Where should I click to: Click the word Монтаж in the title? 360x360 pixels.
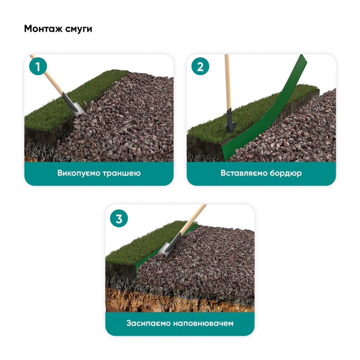(43, 29)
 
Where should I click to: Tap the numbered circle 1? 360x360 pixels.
(38, 66)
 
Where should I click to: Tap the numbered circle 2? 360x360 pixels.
(200, 66)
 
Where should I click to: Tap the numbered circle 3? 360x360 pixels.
(119, 219)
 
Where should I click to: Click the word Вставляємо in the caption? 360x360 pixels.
(244, 173)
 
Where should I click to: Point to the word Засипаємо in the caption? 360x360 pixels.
(148, 323)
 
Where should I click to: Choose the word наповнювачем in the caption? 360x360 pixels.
(203, 323)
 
